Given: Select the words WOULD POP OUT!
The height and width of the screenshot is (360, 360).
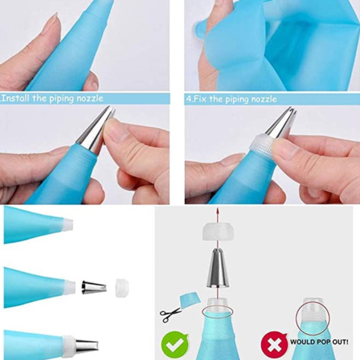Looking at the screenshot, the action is (x=319, y=342).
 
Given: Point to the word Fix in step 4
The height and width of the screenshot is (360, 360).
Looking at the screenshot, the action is (x=201, y=99).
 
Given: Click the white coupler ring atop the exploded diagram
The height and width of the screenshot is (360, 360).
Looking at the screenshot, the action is (x=218, y=232).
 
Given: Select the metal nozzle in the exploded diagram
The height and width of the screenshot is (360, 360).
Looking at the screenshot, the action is (x=218, y=268).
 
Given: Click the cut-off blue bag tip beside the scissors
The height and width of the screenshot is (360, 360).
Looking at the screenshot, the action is (x=190, y=300).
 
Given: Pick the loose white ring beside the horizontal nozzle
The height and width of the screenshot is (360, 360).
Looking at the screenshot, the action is (x=122, y=288).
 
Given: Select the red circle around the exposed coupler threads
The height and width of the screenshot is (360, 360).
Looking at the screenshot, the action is (x=313, y=319).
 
